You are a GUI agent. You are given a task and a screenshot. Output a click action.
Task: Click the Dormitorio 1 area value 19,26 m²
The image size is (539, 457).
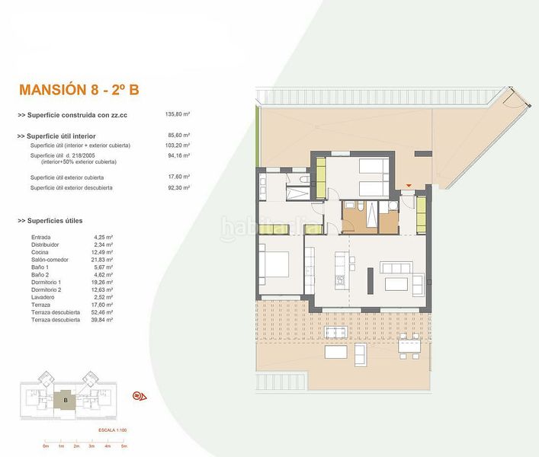(102, 283)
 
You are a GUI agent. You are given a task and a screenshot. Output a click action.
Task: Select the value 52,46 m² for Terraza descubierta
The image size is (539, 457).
(102, 313)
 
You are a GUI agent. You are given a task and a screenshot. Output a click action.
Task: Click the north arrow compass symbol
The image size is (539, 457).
(140, 395)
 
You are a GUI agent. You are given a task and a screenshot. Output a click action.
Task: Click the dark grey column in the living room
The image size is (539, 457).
(368, 280)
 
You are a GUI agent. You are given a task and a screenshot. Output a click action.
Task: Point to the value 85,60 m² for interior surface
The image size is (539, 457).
(178, 136)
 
